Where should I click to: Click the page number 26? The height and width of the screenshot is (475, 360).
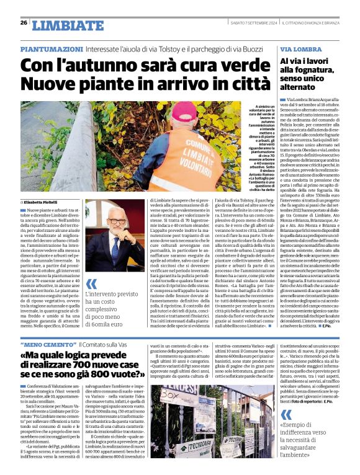click(x=24, y=23)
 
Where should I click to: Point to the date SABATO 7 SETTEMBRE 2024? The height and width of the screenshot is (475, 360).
click(x=245, y=23)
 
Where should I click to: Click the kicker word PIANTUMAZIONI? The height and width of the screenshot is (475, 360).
click(x=51, y=48)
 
